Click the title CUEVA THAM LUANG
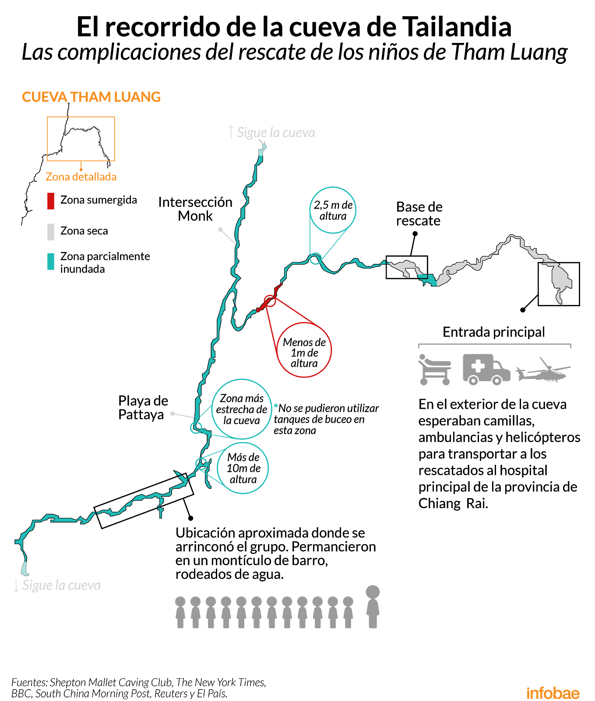[x=91, y=97]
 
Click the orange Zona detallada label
[x=81, y=177]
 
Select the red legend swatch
[x=51, y=201]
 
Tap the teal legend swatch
[x=51, y=262]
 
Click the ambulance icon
[x=486, y=369]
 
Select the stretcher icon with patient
[x=434, y=370]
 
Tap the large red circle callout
[x=304, y=350]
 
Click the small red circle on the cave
[x=270, y=301]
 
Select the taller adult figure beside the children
[x=373, y=606]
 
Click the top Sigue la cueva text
[x=275, y=132]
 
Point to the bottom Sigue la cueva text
[x=61, y=585]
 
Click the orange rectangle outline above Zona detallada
[x=81, y=139]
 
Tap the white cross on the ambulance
[x=478, y=366]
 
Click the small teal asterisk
[x=276, y=406]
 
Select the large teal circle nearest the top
[x=333, y=210]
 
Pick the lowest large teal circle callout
[x=243, y=468]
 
